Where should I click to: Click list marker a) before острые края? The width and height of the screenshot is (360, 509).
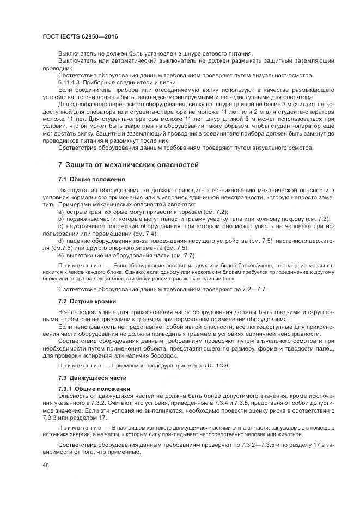(x=61, y=211)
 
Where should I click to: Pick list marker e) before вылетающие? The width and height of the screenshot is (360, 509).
(x=61, y=255)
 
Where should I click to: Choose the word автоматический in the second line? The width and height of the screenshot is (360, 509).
(x=126, y=60)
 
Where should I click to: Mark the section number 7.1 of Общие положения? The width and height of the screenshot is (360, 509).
(x=63, y=179)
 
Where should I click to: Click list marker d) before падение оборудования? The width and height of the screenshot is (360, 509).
(x=61, y=240)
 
